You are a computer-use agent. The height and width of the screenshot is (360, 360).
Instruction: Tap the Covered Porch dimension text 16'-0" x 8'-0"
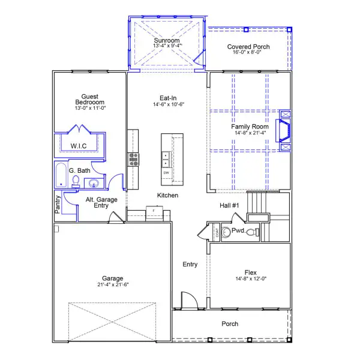click(248, 53)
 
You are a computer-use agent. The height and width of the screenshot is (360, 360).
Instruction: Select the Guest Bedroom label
click(90, 98)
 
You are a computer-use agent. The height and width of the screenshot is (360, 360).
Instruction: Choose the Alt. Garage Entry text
click(97, 202)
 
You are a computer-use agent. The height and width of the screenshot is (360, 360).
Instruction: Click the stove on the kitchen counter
click(133, 159)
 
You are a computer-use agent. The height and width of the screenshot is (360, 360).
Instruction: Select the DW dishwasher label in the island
click(166, 173)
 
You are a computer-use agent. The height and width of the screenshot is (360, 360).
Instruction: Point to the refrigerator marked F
click(154, 211)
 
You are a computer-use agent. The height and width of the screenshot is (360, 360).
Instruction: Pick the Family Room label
click(250, 127)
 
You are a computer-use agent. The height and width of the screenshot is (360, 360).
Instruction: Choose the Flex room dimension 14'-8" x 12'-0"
click(250, 279)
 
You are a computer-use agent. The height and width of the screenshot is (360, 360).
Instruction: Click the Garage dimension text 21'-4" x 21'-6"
click(113, 285)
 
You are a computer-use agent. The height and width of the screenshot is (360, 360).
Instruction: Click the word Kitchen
click(167, 196)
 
